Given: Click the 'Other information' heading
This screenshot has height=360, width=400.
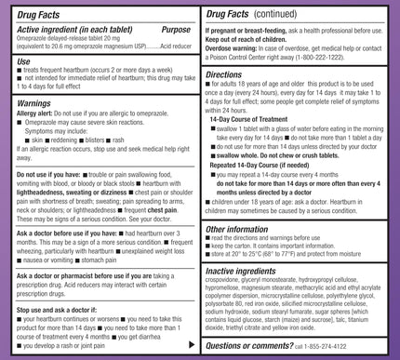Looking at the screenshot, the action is click(243, 228).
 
